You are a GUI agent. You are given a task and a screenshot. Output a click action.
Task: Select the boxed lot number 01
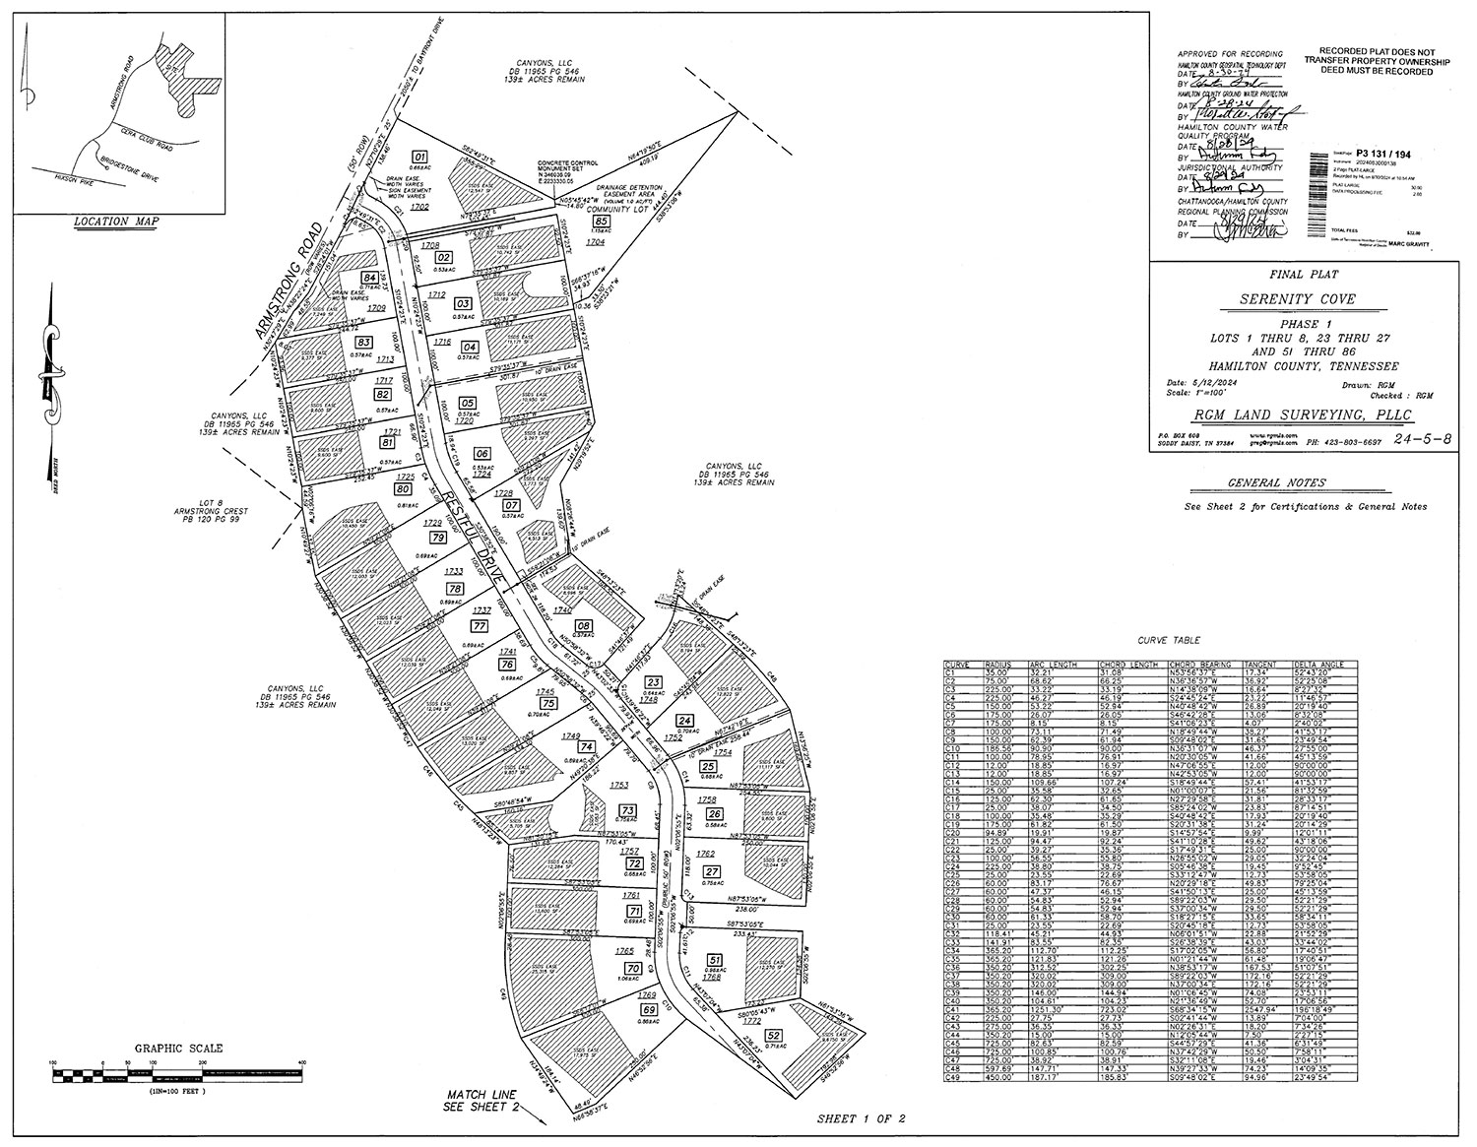[418, 158]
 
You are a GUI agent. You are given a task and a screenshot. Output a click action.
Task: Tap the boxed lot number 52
[773, 1035]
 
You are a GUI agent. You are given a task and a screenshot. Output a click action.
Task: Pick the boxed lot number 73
[626, 809]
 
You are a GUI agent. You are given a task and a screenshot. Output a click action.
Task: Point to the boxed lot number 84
[369, 279]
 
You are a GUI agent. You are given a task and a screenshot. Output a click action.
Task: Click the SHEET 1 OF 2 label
[861, 1119]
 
